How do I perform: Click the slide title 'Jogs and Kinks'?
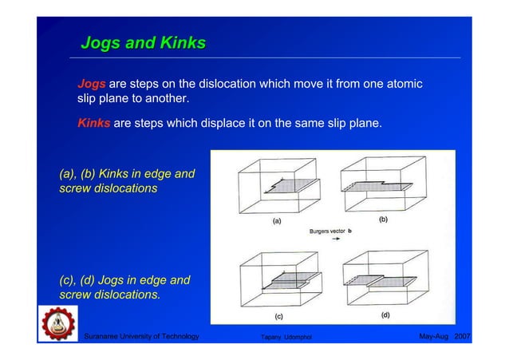[x=144, y=42]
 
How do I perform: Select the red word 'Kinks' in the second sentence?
[x=94, y=124]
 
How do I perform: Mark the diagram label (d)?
[x=385, y=314]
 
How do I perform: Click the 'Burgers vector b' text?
[x=331, y=231]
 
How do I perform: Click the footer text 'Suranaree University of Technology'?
[x=142, y=337]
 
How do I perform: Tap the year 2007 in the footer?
[x=462, y=337]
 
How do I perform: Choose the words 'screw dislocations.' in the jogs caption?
[x=110, y=295]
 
